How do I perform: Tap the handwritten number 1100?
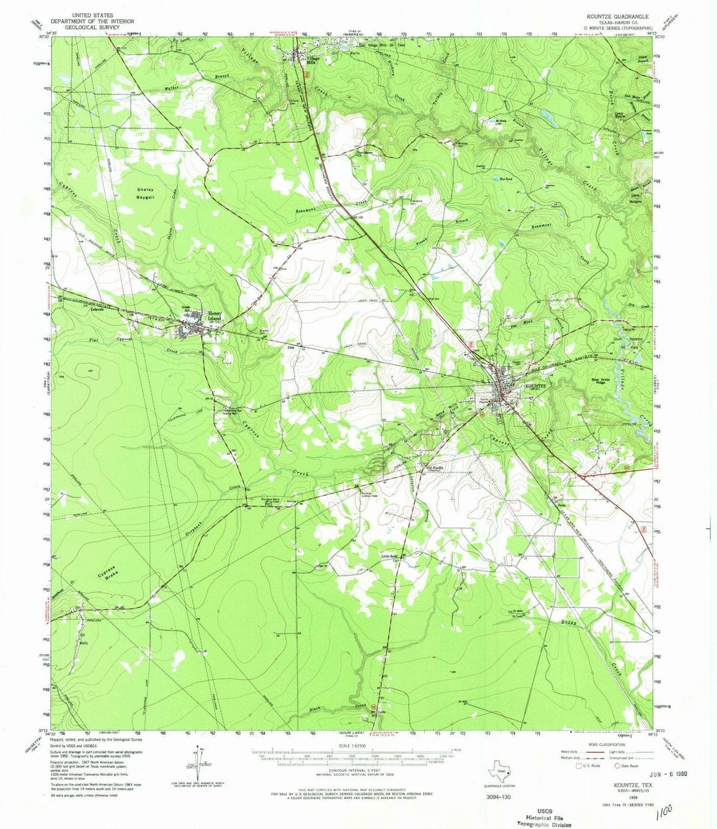click(x=661, y=813)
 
